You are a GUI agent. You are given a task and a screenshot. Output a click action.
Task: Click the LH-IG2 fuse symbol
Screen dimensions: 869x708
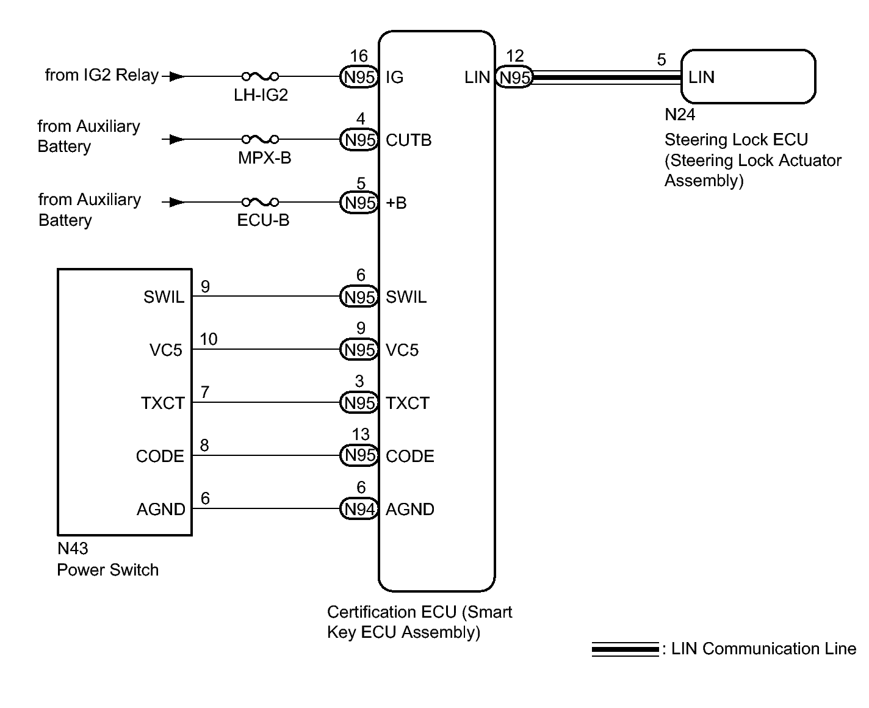click(x=260, y=76)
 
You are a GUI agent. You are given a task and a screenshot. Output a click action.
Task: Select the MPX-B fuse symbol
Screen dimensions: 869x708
click(x=260, y=139)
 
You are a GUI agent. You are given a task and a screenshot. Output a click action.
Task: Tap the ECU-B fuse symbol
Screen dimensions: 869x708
click(x=260, y=202)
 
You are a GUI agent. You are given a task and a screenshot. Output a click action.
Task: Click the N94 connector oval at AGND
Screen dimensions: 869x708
click(x=359, y=508)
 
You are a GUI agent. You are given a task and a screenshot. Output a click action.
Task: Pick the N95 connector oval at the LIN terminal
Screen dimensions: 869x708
click(x=514, y=77)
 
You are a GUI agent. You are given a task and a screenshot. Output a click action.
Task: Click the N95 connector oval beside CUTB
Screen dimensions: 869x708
click(x=359, y=140)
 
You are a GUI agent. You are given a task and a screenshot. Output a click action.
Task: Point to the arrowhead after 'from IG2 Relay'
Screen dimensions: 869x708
click(x=176, y=76)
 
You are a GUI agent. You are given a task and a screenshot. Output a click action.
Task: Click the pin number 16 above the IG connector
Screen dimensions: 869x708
click(x=359, y=56)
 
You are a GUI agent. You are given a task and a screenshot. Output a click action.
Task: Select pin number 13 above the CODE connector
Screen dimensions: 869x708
click(x=361, y=434)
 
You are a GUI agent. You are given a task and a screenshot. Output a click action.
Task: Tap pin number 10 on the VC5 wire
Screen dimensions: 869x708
click(x=209, y=339)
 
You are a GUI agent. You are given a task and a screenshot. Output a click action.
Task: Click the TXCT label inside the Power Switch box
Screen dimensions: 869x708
click(x=163, y=403)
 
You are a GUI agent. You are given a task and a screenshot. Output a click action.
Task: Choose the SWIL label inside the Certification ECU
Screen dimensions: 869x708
click(x=406, y=297)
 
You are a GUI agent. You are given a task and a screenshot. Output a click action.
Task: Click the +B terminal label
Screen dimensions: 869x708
click(x=396, y=203)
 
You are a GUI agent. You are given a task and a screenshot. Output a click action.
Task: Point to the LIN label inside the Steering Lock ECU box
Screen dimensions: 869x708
click(x=701, y=77)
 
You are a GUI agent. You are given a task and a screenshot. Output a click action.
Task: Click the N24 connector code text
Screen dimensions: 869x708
click(x=680, y=115)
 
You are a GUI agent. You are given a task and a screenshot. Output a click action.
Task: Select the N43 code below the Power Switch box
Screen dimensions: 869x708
click(x=73, y=549)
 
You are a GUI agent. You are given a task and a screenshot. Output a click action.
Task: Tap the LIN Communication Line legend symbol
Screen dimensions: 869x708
click(x=625, y=649)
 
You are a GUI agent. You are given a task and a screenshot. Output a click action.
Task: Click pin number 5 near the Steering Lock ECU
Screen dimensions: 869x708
click(x=662, y=60)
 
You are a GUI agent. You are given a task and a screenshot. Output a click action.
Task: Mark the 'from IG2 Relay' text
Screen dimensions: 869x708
click(x=101, y=75)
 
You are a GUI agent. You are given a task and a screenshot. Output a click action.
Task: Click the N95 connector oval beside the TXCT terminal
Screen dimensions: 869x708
click(x=359, y=403)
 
